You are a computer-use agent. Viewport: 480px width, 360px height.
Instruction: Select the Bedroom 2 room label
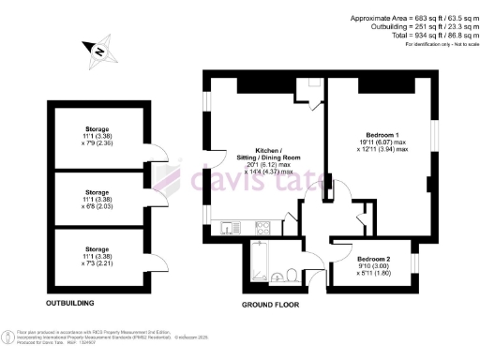point(374,258)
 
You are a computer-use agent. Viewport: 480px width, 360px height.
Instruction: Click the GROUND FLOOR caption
point(271,306)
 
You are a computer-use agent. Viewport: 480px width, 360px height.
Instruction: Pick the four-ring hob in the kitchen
point(262,226)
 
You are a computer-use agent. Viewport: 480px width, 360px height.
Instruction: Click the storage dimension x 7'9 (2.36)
point(97,143)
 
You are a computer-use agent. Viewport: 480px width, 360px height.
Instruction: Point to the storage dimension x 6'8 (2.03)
point(97,200)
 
